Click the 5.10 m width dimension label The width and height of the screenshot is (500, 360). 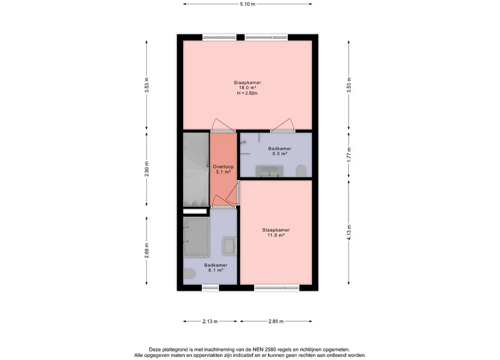click(248, 4)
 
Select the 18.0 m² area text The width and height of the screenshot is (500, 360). click(248, 88)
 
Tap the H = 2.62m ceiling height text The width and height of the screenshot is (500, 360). click(247, 93)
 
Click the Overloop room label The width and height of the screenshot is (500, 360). click(223, 167)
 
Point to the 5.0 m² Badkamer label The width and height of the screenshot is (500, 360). click(279, 151)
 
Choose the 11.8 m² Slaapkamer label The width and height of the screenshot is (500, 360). click(276, 233)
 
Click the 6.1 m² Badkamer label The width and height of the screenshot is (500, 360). click(216, 267)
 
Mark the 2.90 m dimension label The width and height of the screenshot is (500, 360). click(147, 169)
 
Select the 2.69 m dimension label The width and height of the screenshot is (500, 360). click(147, 251)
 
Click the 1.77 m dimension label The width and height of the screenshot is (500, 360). click(349, 155)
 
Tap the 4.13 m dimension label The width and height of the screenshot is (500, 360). click(349, 233)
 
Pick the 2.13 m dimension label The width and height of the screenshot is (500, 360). click(210, 322)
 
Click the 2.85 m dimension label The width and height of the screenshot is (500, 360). click(276, 322)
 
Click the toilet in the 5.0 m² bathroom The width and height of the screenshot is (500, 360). click(301, 171)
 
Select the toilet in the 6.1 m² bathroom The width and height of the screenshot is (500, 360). click(190, 273)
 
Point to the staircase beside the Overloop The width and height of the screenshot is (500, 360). click(196, 169)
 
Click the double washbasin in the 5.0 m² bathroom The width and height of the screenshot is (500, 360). click(269, 171)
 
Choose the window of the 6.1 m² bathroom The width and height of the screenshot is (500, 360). click(211, 288)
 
